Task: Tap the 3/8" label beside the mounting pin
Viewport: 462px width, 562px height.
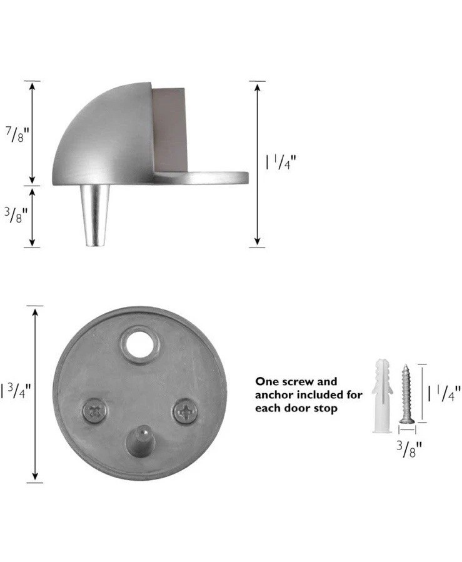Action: [16, 216]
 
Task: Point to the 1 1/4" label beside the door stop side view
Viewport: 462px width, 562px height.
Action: [281, 162]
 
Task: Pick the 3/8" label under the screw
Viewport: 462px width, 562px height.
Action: [409, 449]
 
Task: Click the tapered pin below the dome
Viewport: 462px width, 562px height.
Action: [94, 216]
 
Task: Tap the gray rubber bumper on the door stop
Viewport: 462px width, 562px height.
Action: [169, 130]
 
